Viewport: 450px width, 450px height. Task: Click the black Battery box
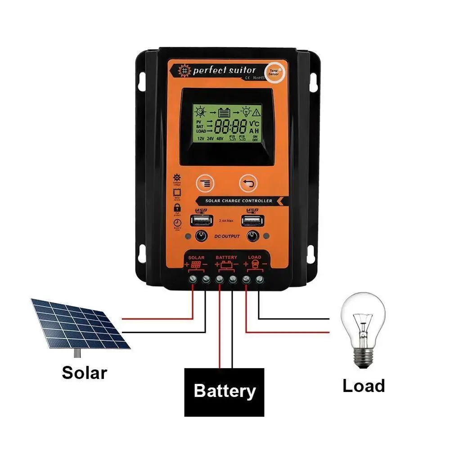(x=224, y=391)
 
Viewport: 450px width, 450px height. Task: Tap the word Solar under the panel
(x=85, y=373)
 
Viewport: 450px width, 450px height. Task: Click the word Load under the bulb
(x=364, y=386)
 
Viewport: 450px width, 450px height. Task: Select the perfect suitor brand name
(x=224, y=71)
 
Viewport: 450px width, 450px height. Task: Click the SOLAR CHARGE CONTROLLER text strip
(x=239, y=201)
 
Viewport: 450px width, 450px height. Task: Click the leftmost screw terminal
(x=193, y=279)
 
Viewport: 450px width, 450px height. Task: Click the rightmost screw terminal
(x=259, y=279)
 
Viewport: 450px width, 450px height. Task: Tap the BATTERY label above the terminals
(x=226, y=257)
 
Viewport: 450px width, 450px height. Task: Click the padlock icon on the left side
(x=177, y=207)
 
